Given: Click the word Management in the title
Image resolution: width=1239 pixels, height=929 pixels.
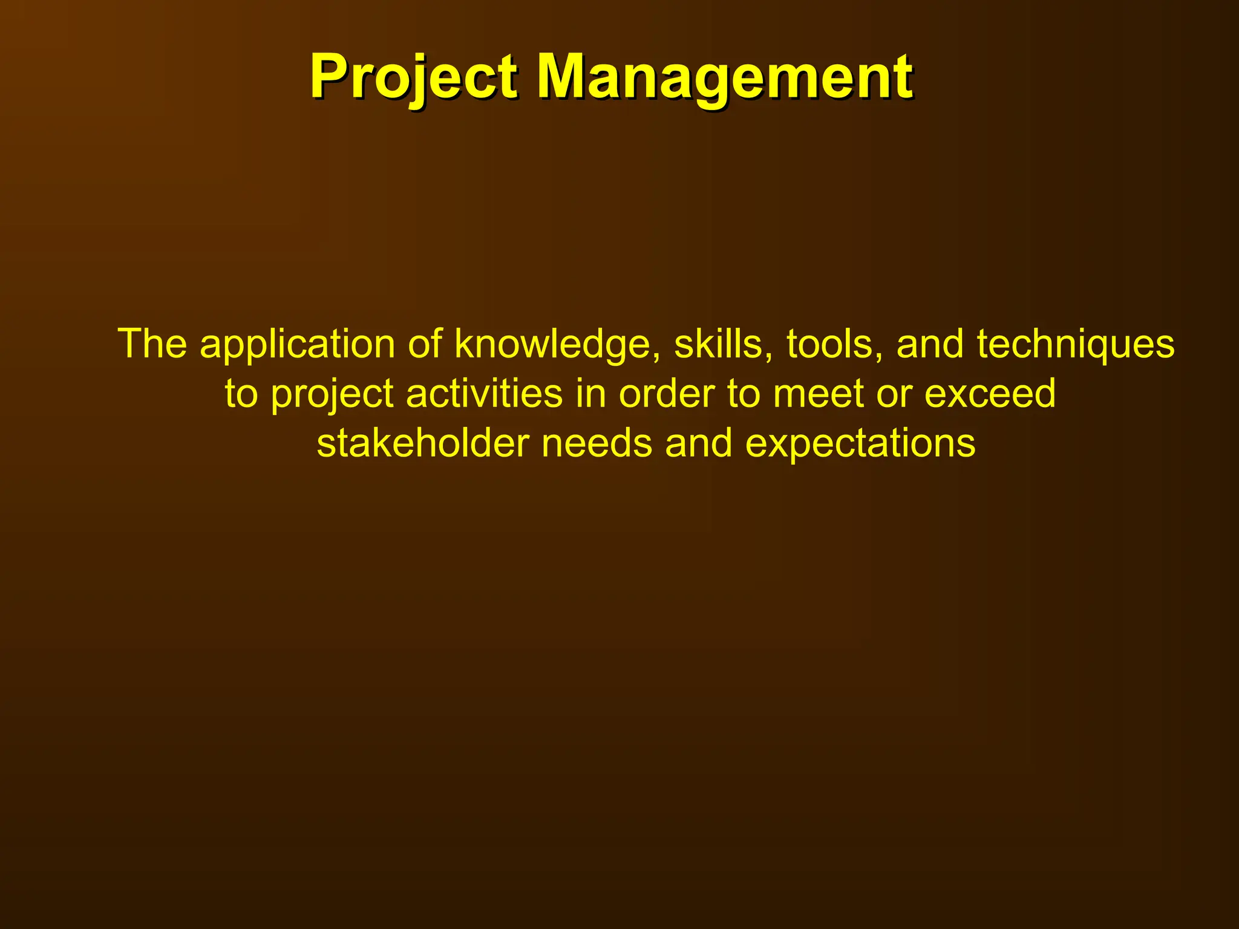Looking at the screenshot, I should [724, 77].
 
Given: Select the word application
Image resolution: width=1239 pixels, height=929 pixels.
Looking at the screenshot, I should [297, 345].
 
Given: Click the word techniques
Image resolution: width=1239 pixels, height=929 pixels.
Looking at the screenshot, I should [1076, 345].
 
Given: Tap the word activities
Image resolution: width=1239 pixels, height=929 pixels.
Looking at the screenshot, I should [484, 394].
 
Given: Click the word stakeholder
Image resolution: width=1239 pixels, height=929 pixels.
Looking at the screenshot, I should [423, 443].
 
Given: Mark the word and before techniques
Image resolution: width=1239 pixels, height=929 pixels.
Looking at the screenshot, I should [929, 344].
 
